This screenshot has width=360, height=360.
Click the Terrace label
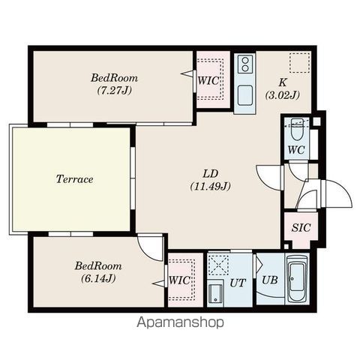coord(74,179)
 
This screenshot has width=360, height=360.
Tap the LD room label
coord(211,173)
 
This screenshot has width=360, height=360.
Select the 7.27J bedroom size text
coord(114,90)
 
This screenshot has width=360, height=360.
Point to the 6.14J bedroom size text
coord(98,278)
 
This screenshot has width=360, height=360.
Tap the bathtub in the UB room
coord(297,279)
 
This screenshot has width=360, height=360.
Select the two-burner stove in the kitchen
coord(245,64)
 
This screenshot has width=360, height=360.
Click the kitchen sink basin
coord(245,95)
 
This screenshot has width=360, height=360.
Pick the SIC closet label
coord(301,227)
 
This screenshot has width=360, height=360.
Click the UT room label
coord(238,283)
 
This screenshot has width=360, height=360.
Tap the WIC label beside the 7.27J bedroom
coord(208,81)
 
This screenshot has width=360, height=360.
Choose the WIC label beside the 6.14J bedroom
coord(179,280)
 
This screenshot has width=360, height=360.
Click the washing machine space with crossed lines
coord(218,265)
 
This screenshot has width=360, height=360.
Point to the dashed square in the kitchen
coord(299,63)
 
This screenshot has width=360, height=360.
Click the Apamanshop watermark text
coord(180,322)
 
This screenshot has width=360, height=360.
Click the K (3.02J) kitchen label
coord(283,88)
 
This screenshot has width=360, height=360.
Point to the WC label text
coord(296,150)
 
